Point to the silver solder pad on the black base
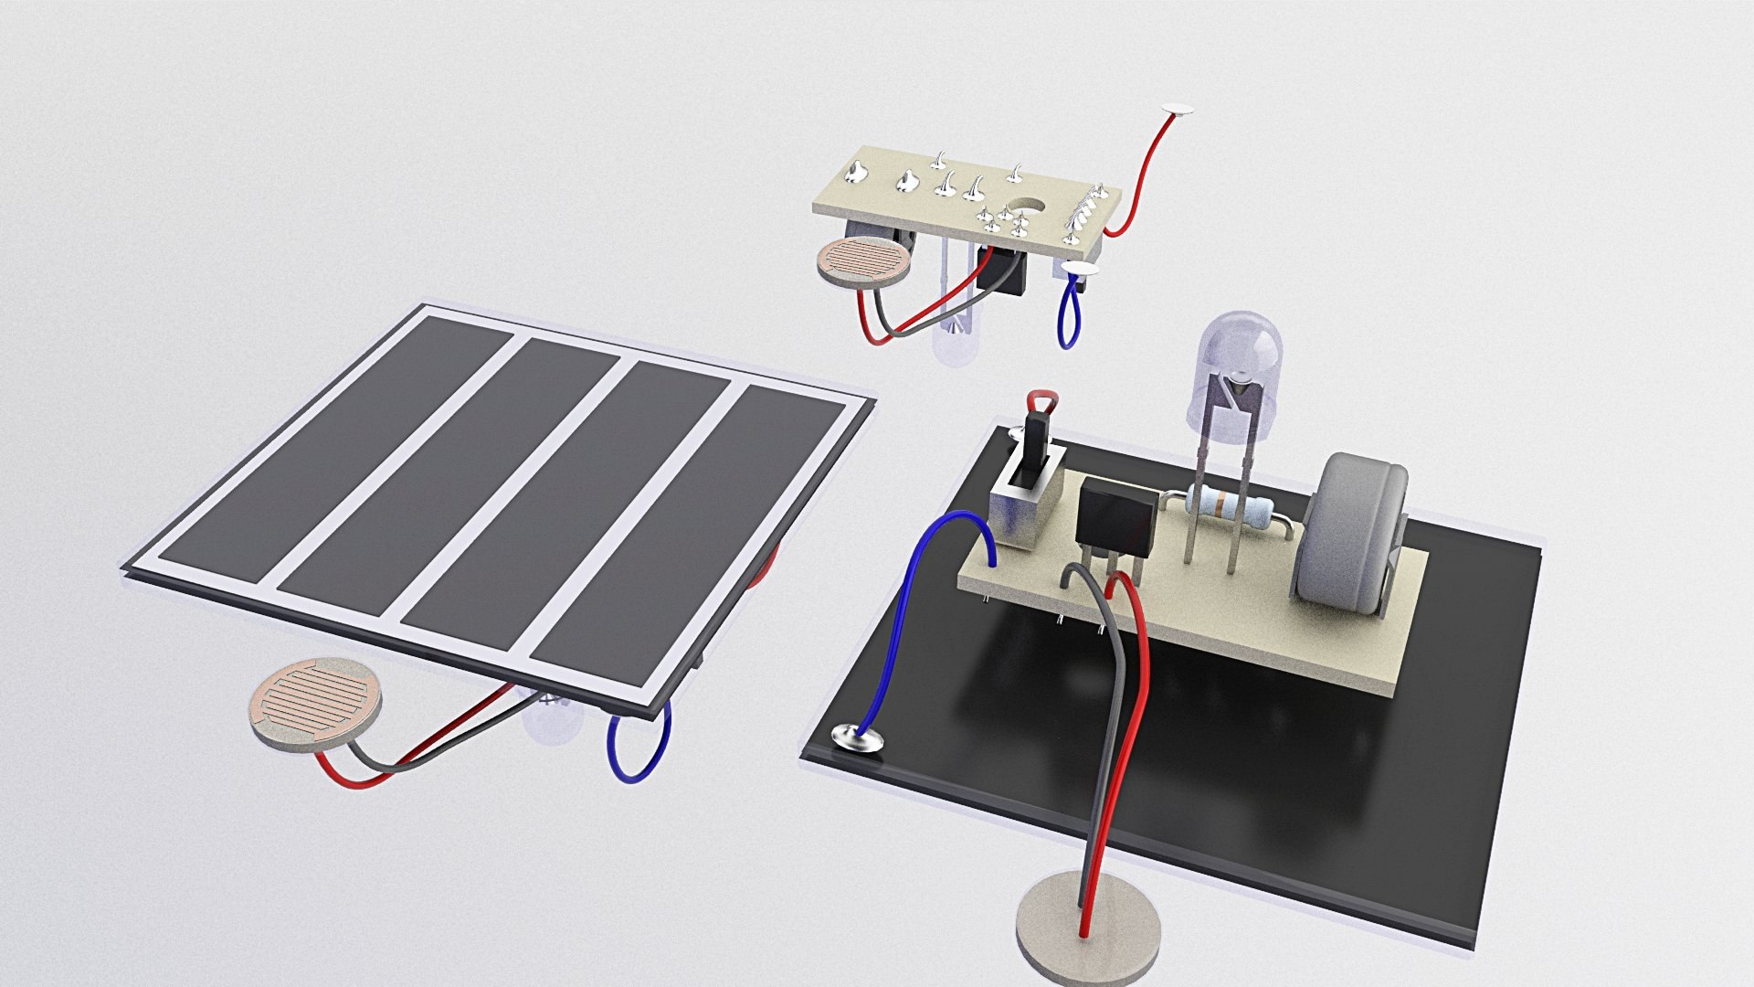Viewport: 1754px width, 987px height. point(855,736)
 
